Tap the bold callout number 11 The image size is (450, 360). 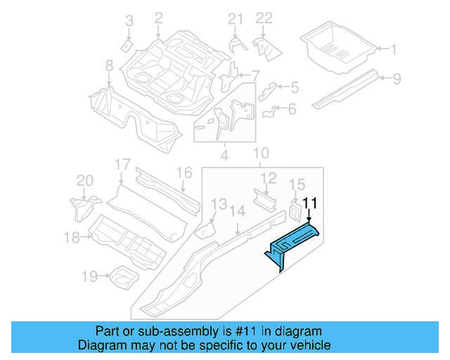coord(310,204)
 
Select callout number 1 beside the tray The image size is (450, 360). coord(394,49)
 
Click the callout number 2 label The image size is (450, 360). coord(158,18)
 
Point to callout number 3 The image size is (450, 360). coord(129,22)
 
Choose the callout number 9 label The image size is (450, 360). coord(397,78)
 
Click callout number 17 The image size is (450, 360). coord(122,165)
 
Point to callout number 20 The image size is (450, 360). coord(84,181)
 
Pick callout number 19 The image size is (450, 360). coord(89,277)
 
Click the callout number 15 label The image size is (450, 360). coord(297,184)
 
